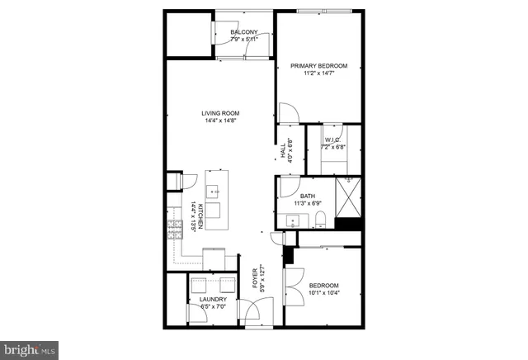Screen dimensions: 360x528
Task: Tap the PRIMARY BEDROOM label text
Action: pyautogui.click(x=318, y=66)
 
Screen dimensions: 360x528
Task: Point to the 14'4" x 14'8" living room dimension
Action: pyautogui.click(x=220, y=121)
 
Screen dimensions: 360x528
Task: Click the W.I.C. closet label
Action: pyautogui.click(x=333, y=140)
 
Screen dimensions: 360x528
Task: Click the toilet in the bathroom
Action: pyautogui.click(x=323, y=219)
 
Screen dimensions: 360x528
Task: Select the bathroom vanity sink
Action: pyautogui.click(x=292, y=220)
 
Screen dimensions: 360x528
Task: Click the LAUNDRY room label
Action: pyautogui.click(x=213, y=299)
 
